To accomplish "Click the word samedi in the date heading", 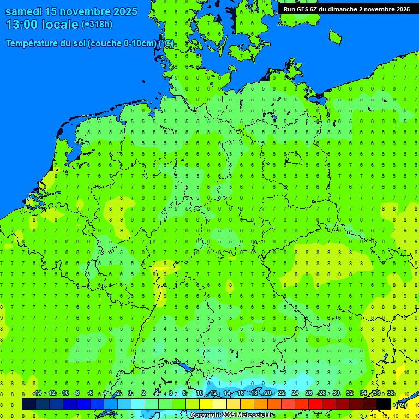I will (26, 11).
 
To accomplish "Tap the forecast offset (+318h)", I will (97, 25).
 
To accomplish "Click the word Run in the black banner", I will (289, 9).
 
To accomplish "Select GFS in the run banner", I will (304, 9).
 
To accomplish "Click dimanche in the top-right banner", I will (339, 9).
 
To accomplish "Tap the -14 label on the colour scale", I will (38, 393).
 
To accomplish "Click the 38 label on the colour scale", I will (391, 393).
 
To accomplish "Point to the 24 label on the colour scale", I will (295, 393).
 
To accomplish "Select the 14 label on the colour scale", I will (227, 393).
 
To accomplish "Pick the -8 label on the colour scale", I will (77, 393).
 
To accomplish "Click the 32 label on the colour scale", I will (350, 393).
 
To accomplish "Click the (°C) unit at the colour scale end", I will (400, 405).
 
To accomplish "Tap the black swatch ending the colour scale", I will (384, 404).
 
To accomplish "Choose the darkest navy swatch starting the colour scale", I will (29, 404).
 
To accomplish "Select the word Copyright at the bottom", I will (205, 415).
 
